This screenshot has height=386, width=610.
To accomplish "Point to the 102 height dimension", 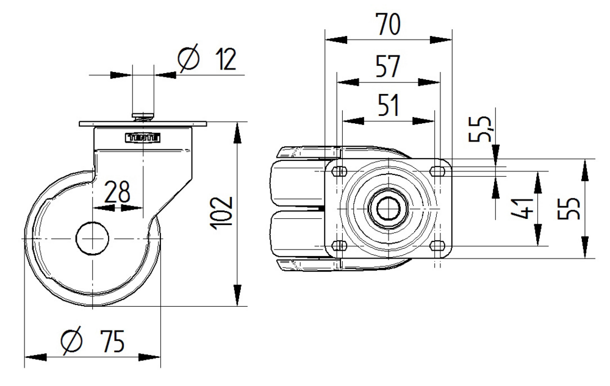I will point(223,212).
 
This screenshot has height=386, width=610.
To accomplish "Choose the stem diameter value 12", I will point(224,60).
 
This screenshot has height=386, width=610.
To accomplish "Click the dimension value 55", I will point(571,209).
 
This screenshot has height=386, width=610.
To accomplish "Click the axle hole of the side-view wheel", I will point(91,237).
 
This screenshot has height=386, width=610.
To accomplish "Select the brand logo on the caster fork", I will point(143,138).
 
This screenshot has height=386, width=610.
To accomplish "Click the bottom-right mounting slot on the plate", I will point(436,245).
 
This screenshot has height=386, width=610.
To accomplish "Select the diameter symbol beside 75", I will point(72,341).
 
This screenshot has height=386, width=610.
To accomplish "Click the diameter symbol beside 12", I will point(189,59).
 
